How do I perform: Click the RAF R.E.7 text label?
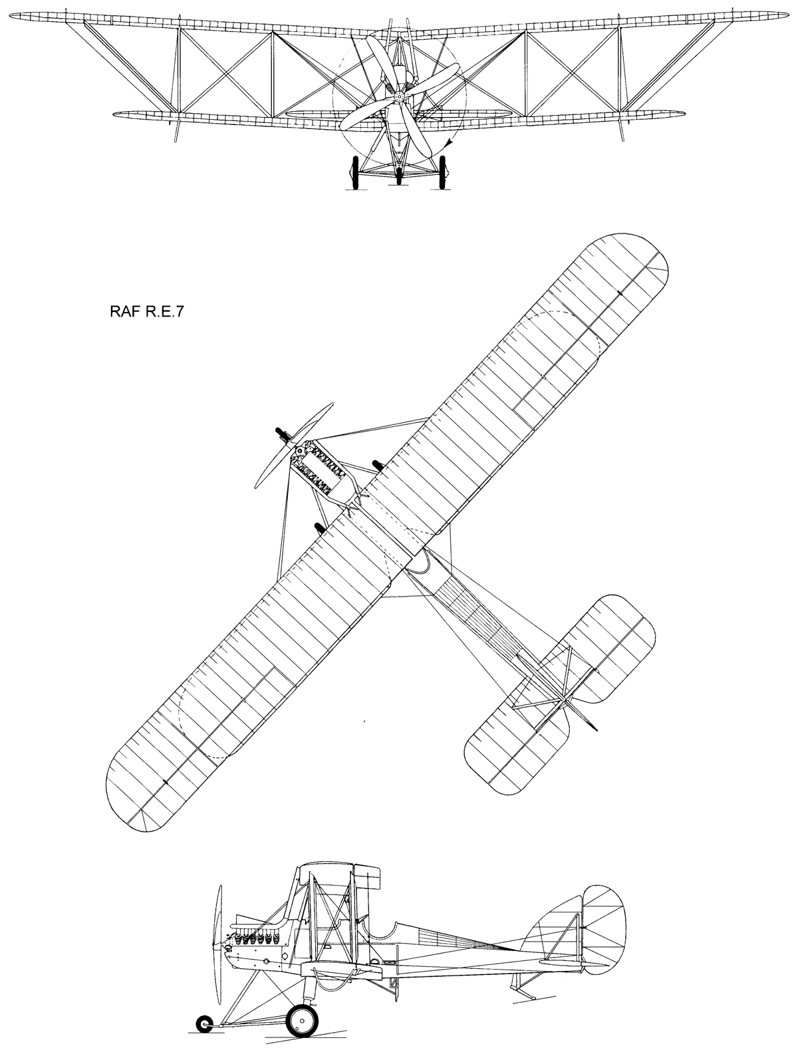tap(147, 312)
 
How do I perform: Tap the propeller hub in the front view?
tap(400, 97)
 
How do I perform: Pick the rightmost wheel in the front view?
tap(442, 172)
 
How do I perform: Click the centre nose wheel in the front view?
tap(399, 176)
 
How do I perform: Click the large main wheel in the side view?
tap(303, 1017)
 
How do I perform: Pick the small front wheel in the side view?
tap(204, 1020)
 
